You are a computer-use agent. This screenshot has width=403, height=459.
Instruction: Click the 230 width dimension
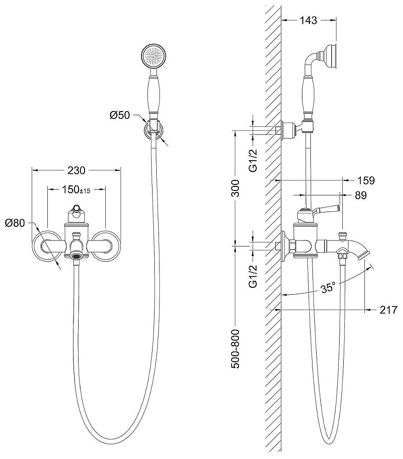coord(76,170)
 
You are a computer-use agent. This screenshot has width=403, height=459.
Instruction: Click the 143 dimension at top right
coord(308,20)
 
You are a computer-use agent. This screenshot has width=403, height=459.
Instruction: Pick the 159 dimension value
coord(365,180)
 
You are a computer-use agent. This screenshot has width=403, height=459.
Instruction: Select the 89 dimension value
coord(361,196)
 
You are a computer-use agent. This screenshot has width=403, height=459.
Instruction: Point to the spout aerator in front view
coord(76,255)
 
